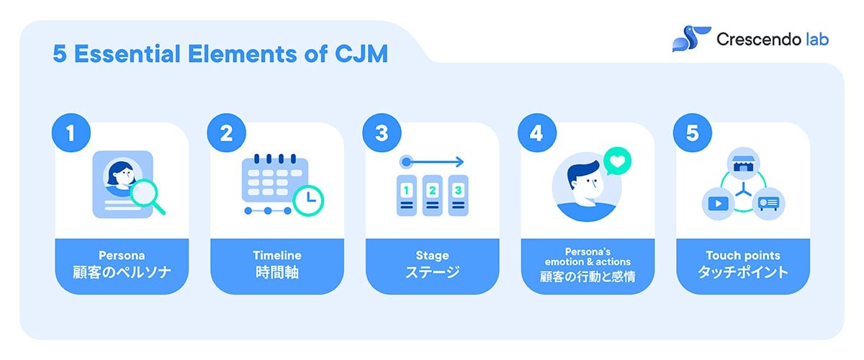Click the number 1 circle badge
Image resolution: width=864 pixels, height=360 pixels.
(x=71, y=132)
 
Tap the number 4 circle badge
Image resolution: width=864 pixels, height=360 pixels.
(x=537, y=132)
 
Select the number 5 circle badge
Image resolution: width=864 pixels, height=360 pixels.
(x=693, y=132)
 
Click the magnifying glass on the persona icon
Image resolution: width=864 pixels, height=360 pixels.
(x=147, y=196)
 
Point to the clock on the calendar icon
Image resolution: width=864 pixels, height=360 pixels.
(x=308, y=201)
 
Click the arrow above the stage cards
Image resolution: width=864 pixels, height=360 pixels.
(x=431, y=162)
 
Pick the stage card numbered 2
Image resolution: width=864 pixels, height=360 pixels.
(x=433, y=195)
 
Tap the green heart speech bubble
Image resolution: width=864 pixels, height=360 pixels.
(x=617, y=161)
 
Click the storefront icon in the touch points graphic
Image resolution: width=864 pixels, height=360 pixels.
(x=743, y=163)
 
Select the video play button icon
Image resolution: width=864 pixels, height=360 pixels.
(x=719, y=203)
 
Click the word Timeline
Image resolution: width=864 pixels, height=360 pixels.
(x=277, y=256)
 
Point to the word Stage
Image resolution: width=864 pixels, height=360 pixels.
(x=432, y=256)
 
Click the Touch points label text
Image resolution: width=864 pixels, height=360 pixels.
(x=743, y=256)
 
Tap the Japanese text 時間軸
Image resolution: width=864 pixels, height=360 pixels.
(x=277, y=272)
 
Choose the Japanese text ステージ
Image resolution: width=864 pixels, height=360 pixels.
(x=432, y=272)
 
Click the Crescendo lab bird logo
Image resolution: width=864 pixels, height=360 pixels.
(x=691, y=39)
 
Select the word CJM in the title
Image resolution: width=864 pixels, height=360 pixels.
(x=361, y=53)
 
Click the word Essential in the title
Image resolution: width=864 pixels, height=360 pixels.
(x=127, y=53)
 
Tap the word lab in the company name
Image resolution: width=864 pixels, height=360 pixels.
(x=817, y=40)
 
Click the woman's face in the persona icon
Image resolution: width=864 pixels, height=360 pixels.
(x=122, y=176)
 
